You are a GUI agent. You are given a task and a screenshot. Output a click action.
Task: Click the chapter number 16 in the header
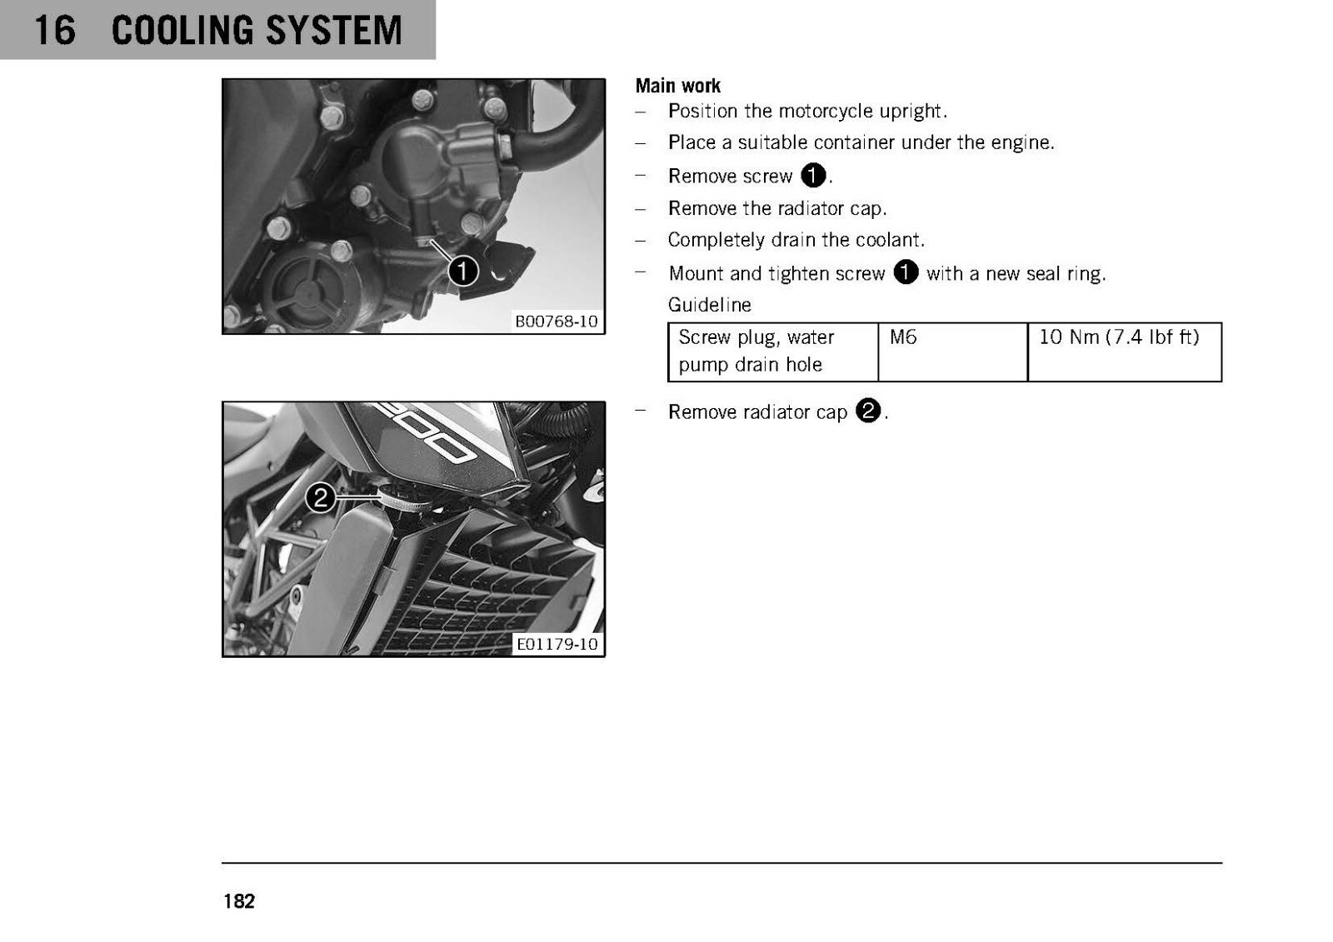(55, 30)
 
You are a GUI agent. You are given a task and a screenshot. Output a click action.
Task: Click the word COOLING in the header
(183, 30)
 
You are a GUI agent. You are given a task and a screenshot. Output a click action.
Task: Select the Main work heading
(678, 86)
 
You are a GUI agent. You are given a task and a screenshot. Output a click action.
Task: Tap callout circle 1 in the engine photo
(463, 272)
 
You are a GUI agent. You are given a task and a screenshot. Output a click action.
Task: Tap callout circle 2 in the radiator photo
(320, 497)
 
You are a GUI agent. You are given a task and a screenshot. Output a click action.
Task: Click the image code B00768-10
(556, 321)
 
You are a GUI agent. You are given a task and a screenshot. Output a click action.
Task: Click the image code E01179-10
(557, 644)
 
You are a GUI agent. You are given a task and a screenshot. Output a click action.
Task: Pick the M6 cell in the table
(953, 351)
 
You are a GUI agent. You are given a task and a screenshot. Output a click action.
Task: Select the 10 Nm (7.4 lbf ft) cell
(1125, 351)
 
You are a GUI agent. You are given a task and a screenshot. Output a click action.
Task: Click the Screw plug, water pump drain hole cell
(773, 351)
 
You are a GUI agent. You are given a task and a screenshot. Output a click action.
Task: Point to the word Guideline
(709, 305)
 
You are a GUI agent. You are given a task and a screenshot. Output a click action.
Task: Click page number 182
(239, 901)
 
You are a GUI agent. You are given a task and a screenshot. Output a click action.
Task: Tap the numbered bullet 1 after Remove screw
(813, 176)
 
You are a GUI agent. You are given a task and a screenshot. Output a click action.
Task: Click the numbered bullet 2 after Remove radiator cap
(867, 411)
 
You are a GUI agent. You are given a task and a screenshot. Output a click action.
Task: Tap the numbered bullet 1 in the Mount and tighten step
(906, 272)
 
